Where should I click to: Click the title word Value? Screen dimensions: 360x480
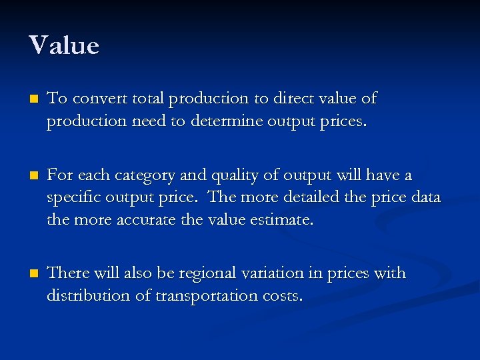64,45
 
